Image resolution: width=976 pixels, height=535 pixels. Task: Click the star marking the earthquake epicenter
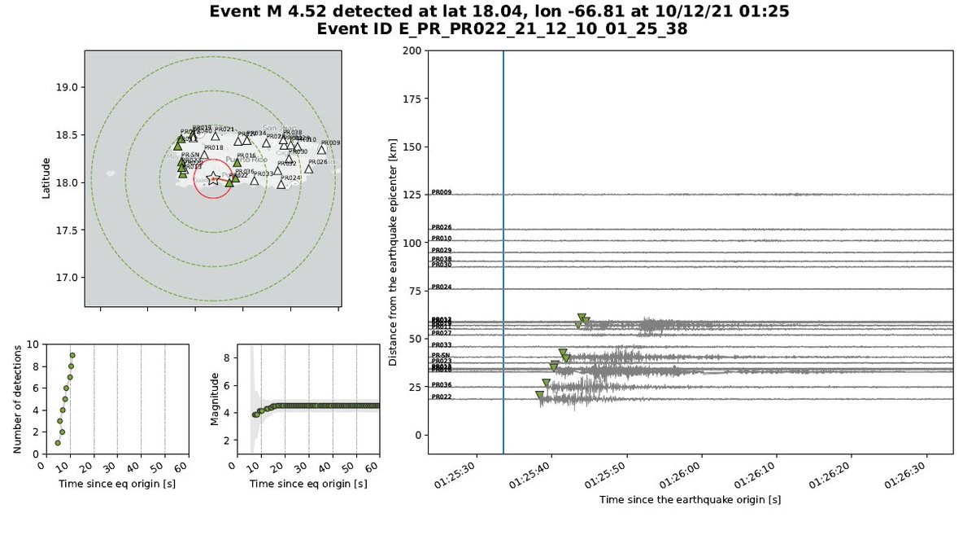pos(213,178)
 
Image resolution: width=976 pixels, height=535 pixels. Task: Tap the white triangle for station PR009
pos(322,149)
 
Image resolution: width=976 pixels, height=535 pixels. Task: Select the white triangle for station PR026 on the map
pos(309,169)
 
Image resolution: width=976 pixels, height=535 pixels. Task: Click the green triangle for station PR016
pos(237,162)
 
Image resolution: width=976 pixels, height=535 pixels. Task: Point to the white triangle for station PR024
pos(281,184)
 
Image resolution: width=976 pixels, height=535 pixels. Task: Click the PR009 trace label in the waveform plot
pos(442,193)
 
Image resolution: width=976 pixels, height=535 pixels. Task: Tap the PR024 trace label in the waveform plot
pos(442,287)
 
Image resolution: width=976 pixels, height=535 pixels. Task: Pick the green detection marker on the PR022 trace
pos(539,395)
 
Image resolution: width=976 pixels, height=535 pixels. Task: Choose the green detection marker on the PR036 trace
pos(546,383)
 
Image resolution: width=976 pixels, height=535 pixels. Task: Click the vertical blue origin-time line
pos(503,244)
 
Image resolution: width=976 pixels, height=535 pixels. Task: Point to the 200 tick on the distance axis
pos(412,50)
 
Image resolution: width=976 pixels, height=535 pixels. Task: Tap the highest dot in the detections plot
pos(72,355)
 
